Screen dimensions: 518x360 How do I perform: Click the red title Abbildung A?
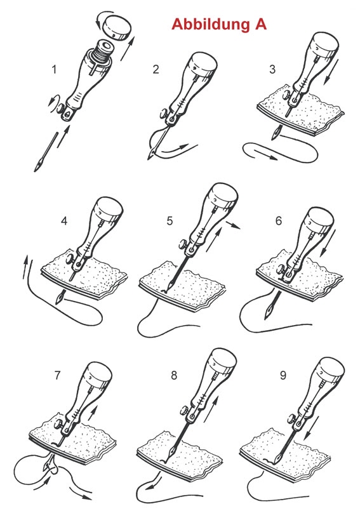point(218,24)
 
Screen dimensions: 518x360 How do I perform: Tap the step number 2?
point(156,69)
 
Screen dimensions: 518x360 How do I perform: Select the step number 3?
point(272,69)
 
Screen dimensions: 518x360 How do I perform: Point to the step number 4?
point(64,222)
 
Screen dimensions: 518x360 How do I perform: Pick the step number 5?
point(170,222)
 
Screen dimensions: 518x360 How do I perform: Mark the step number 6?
point(279,222)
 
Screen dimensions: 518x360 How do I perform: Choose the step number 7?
point(58,375)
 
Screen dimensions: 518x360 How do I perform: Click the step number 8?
point(174,375)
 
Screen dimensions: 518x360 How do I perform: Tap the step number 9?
point(283,375)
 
